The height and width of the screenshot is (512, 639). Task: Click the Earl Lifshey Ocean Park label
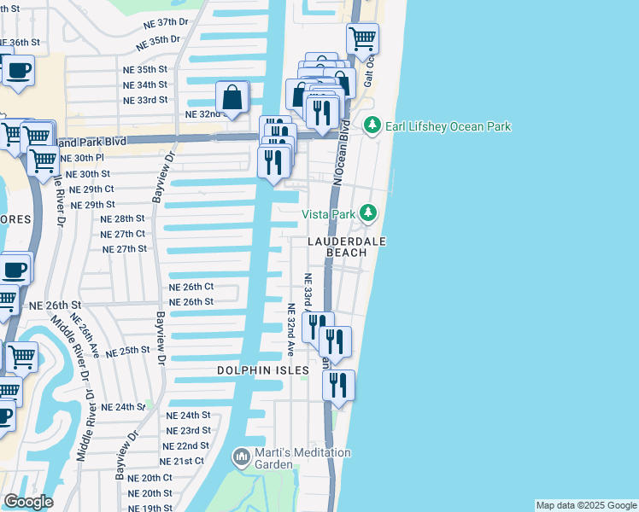448,126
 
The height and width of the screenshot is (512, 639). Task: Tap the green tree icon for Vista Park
367,212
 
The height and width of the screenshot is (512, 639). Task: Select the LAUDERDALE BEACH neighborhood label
347,248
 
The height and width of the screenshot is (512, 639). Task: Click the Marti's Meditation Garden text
302,458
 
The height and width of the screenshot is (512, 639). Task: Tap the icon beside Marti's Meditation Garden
241,458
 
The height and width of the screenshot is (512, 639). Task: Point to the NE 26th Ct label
191,287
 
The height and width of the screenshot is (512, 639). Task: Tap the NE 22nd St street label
187,445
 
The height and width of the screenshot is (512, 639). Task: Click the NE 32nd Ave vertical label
290,329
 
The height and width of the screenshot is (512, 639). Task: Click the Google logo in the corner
28,502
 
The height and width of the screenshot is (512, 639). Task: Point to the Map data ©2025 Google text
586,505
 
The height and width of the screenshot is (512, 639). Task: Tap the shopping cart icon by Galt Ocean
362,38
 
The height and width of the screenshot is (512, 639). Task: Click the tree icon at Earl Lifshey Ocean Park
372,126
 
